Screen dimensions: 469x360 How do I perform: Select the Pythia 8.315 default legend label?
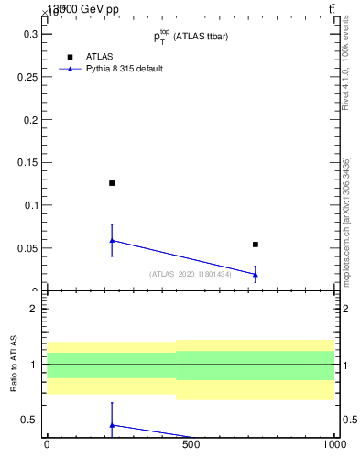point(125,69)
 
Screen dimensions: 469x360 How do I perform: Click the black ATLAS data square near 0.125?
point(112,183)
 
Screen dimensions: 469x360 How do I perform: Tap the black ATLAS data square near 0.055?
point(256,245)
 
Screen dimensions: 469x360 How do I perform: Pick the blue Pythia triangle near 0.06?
point(112,240)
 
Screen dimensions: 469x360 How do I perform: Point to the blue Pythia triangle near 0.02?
point(256,274)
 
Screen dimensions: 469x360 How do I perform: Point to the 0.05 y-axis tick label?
point(24,248)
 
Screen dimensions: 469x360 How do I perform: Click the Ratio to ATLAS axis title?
point(15,365)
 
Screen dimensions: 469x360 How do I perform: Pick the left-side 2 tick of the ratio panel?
point(32,309)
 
